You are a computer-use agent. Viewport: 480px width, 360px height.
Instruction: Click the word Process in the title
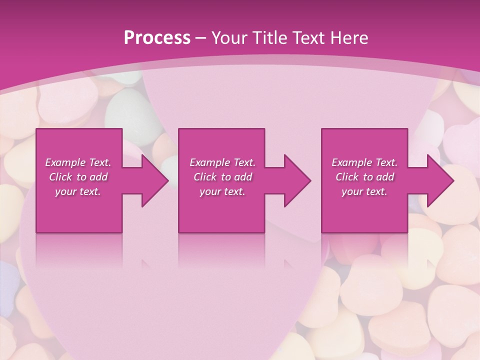(x=157, y=38)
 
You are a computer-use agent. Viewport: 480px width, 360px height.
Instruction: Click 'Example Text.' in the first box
(x=78, y=162)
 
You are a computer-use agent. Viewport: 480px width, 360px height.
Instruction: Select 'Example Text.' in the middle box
(x=222, y=162)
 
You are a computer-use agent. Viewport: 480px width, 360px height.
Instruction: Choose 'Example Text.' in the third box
(x=364, y=162)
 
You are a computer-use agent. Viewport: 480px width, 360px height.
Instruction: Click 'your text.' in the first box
(x=78, y=191)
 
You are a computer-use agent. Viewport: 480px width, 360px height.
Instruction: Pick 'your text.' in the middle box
(x=222, y=191)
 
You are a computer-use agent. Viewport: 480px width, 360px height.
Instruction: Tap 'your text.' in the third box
(x=364, y=191)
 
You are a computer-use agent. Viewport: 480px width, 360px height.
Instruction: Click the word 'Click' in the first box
(x=60, y=177)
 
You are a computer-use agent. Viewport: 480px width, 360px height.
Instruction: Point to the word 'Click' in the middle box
(x=205, y=177)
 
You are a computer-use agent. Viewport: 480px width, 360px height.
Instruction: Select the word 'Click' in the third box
(x=347, y=177)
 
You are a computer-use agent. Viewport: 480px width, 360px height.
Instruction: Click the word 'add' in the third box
(x=384, y=177)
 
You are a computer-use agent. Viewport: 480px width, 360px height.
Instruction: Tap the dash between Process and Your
(x=200, y=38)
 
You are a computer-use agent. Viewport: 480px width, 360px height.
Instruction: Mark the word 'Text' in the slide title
(x=308, y=38)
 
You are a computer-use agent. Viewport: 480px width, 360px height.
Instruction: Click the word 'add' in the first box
(x=98, y=177)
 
